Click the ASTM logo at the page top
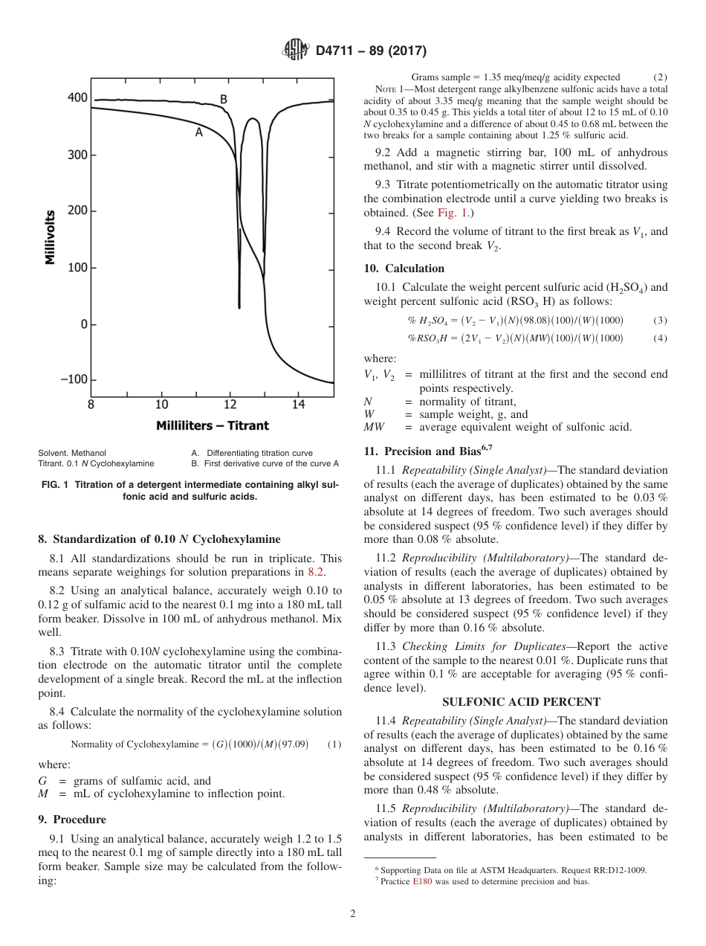click(x=296, y=51)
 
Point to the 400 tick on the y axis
click(x=77, y=98)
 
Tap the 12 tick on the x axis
click(x=230, y=405)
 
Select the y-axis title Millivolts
click(x=51, y=236)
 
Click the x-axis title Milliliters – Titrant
click(x=213, y=426)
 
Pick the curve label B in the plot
click(x=223, y=99)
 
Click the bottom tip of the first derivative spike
click(x=239, y=306)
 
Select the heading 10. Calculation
click(x=404, y=268)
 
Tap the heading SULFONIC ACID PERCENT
click(x=521, y=702)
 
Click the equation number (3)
click(x=660, y=321)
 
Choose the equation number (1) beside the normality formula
click(x=334, y=744)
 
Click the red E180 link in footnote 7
click(x=421, y=881)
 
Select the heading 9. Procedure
click(x=71, y=820)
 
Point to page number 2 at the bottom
click(x=353, y=914)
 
